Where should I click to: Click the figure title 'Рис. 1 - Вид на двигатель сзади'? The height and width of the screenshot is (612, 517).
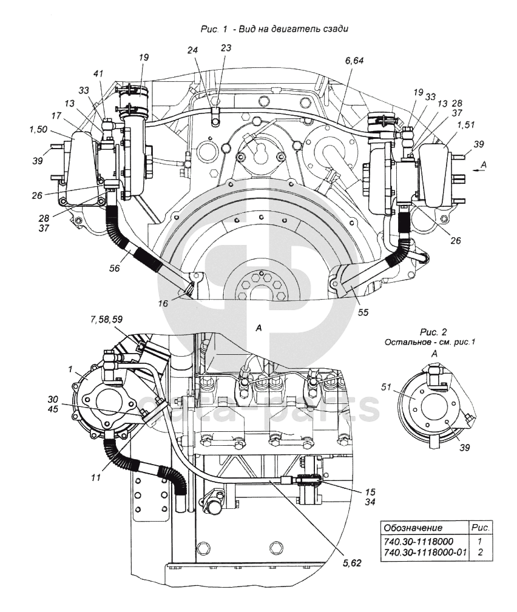click(274, 29)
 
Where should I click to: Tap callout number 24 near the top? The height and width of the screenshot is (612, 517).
click(192, 50)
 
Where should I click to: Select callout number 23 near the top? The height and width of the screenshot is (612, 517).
click(226, 48)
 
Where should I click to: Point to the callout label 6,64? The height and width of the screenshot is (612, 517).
click(354, 61)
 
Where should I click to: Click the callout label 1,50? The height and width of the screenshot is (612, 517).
click(38, 129)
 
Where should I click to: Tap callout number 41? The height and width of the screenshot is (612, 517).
click(98, 73)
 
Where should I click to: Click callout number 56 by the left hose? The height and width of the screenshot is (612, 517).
click(115, 268)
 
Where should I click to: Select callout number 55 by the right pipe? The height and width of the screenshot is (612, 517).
click(363, 312)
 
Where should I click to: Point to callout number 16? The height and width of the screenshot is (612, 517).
click(163, 303)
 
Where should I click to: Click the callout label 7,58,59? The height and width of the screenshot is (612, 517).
click(106, 319)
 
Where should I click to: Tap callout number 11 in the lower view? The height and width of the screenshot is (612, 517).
click(96, 477)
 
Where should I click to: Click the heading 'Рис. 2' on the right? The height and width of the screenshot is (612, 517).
click(433, 332)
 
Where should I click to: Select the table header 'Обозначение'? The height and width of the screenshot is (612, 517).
click(413, 528)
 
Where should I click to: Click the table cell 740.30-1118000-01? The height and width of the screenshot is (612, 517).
click(425, 553)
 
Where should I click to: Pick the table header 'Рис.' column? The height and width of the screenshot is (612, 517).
click(481, 528)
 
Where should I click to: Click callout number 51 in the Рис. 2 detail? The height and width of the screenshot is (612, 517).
click(386, 387)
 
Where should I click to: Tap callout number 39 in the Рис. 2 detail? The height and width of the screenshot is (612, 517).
click(464, 447)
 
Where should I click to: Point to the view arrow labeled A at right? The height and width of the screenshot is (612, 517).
click(479, 170)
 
